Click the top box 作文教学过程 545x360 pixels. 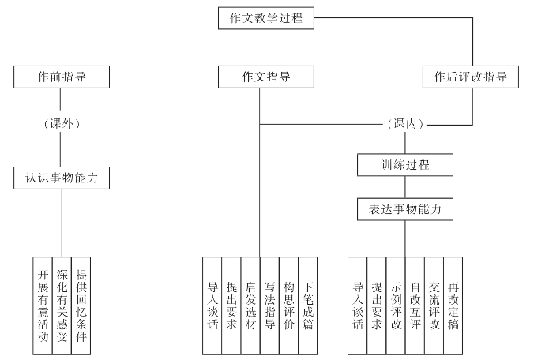pyautogui.click(x=266, y=18)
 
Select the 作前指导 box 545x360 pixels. pyautogui.click(x=62, y=77)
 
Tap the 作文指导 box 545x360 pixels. pyautogui.click(x=266, y=77)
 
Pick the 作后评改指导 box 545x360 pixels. pyautogui.click(x=471, y=77)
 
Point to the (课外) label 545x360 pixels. pyautogui.click(x=62, y=124)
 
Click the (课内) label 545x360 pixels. pyautogui.click(x=405, y=124)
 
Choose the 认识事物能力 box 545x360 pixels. pyautogui.click(x=62, y=178)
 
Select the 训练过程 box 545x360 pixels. pyautogui.click(x=405, y=165)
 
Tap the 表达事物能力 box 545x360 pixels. pyautogui.click(x=405, y=209)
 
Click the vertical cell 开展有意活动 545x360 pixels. pyautogui.click(x=43, y=306)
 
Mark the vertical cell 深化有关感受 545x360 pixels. pyautogui.click(x=62, y=306)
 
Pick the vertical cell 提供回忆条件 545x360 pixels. pyautogui.click(x=81, y=306)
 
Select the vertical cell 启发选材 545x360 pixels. pyautogui.click(x=250, y=306)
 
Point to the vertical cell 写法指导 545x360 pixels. pyautogui.click(x=269, y=306)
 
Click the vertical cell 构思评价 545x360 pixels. pyautogui.click(x=288, y=306)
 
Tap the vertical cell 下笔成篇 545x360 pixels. pyautogui.click(x=307, y=306)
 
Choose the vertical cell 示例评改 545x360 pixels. pyautogui.click(x=396, y=306)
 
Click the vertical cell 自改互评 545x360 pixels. pyautogui.click(x=415, y=306)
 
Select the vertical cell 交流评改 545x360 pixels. pyautogui.click(x=434, y=306)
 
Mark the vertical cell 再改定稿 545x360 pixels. pyautogui.click(x=453, y=306)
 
